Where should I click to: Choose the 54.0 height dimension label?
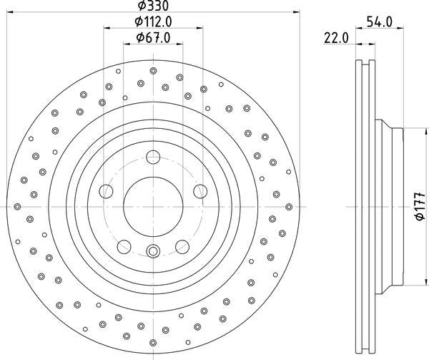click(x=379, y=22)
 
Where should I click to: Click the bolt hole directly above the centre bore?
click(x=153, y=159)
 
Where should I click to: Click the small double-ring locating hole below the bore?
click(x=153, y=250)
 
